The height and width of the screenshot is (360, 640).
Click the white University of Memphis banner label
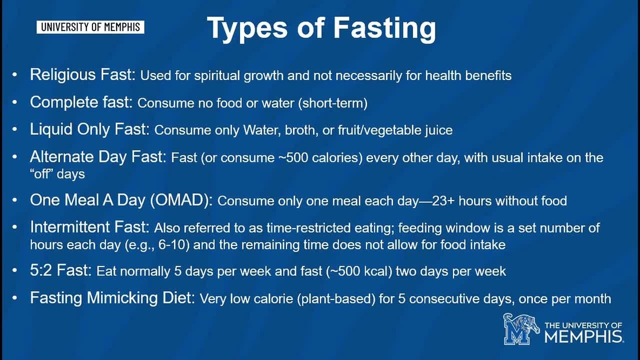(90, 27)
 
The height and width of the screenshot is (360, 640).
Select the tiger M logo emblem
(521, 329)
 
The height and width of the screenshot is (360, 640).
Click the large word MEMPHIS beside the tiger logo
(584, 336)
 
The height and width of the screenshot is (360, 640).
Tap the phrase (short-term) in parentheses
(333, 103)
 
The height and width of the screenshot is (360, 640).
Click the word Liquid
(51, 129)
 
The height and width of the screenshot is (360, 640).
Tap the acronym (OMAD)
(181, 200)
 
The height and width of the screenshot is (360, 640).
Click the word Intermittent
(70, 227)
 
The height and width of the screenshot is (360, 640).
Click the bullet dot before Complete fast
(15, 102)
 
